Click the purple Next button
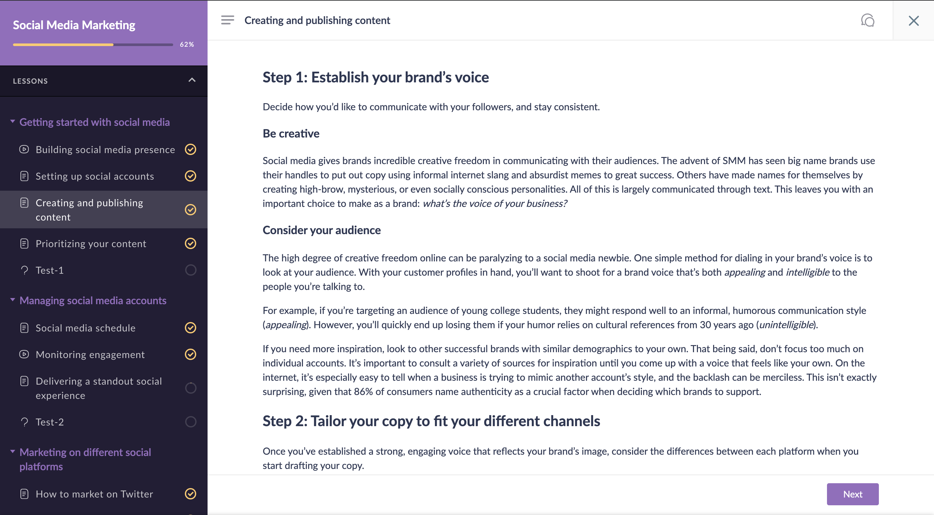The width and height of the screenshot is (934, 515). point(852,494)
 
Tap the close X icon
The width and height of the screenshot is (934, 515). point(913,21)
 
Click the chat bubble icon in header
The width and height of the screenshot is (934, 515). point(868,20)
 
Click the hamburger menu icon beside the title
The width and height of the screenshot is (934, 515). point(227,20)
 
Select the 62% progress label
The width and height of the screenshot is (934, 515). point(187,44)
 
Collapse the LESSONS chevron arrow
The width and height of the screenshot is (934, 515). point(192,80)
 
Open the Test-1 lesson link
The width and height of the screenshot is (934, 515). point(50,270)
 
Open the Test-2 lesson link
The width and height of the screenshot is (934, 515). point(50,422)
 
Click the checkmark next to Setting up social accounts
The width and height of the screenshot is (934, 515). point(190,176)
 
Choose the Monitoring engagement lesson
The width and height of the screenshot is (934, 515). point(90,354)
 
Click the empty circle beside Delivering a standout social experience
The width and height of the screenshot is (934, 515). point(190,388)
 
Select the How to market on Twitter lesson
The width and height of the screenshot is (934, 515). point(94,494)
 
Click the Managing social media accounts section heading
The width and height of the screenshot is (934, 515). point(93,300)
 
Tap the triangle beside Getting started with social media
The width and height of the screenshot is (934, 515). point(13,122)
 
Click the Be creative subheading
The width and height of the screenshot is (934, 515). point(291,134)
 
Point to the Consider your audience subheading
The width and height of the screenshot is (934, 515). point(321,230)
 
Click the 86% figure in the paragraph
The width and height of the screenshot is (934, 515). point(363,392)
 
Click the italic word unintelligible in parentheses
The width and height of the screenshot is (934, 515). point(786,325)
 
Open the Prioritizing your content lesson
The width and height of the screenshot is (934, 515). point(91,244)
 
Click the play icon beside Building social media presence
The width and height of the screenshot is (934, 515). point(24,150)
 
